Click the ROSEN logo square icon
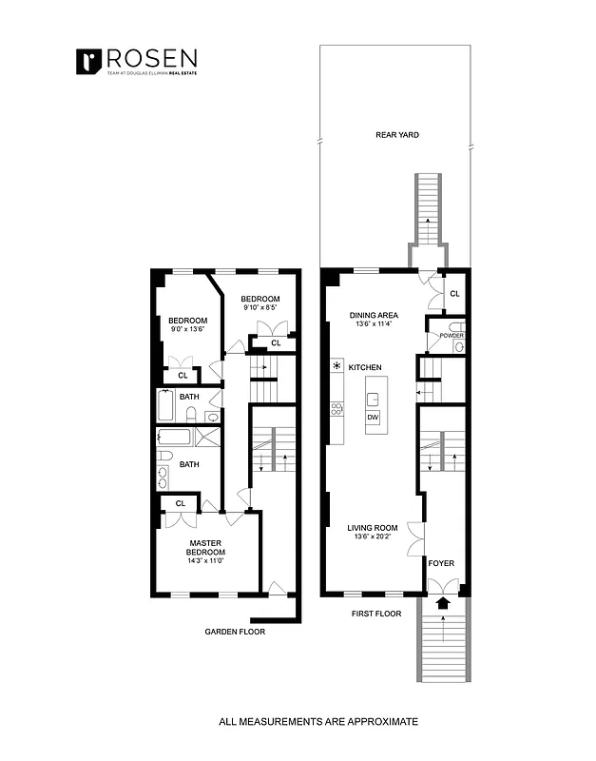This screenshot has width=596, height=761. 88,61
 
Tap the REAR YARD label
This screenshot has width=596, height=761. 396,135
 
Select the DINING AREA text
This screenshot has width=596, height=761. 373,315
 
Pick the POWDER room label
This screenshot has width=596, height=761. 452,335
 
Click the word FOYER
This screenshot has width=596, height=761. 440,563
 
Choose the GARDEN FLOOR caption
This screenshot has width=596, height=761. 235,631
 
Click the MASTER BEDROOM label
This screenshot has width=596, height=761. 205,548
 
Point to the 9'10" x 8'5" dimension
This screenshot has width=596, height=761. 259,307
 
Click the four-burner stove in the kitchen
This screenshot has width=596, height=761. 336,409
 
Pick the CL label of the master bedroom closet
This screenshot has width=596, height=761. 179,503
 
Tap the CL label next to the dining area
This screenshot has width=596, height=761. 454,294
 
